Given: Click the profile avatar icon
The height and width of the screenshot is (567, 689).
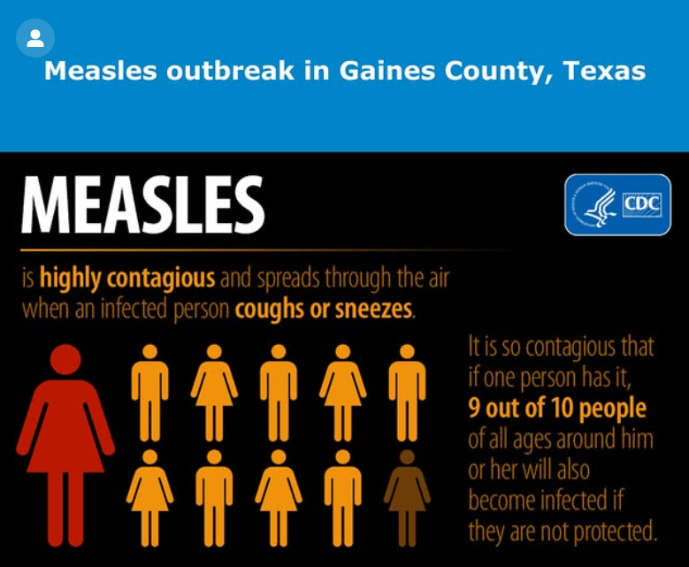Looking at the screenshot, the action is pos(35,38).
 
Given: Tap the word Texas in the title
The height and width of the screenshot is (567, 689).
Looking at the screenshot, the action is pos(604,71).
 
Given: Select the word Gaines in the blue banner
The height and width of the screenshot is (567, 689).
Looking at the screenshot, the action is pos(387,71).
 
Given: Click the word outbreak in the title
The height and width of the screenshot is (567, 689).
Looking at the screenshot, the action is pos(230,71).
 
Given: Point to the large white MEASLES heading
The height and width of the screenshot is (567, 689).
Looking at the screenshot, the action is pos(143,204).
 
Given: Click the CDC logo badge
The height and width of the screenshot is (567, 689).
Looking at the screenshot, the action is pos(618,205).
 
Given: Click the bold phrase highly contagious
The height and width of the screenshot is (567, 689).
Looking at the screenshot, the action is pos(127,279).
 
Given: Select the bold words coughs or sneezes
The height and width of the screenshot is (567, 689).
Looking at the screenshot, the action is pos(324,309).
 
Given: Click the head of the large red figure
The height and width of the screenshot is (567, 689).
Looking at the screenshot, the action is pos(65,359).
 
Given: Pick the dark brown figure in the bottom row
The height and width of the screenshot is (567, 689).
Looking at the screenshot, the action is pos(408,498).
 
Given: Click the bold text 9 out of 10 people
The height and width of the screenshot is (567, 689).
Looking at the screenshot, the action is pos(557,409).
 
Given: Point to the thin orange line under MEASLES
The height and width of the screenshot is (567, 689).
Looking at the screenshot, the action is pos(272,250).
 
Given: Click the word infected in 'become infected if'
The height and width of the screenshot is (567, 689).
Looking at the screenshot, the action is pos(573,500).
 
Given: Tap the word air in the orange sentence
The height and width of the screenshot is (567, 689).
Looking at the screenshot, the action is pos(439,278).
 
